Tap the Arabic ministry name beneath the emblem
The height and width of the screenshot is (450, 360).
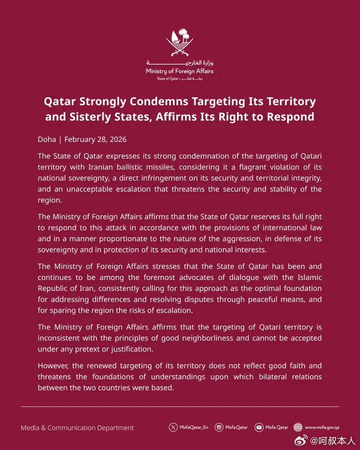pyautogui.click(x=179, y=63)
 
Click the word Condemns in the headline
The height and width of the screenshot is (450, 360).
pyautogui.click(x=158, y=101)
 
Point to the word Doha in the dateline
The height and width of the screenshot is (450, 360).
pyautogui.click(x=47, y=139)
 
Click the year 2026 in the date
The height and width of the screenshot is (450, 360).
pyautogui.click(x=117, y=139)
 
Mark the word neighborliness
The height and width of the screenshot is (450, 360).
pyautogui.click(x=217, y=338)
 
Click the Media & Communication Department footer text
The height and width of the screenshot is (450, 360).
pyautogui.click(x=77, y=427)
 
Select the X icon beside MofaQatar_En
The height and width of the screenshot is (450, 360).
pyautogui.click(x=173, y=427)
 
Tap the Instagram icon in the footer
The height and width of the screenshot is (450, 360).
pyautogui.click(x=218, y=427)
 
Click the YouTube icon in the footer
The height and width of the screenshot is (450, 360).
pyautogui.click(x=258, y=427)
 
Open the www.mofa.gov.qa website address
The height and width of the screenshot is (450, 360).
pyautogui.click(x=322, y=427)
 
